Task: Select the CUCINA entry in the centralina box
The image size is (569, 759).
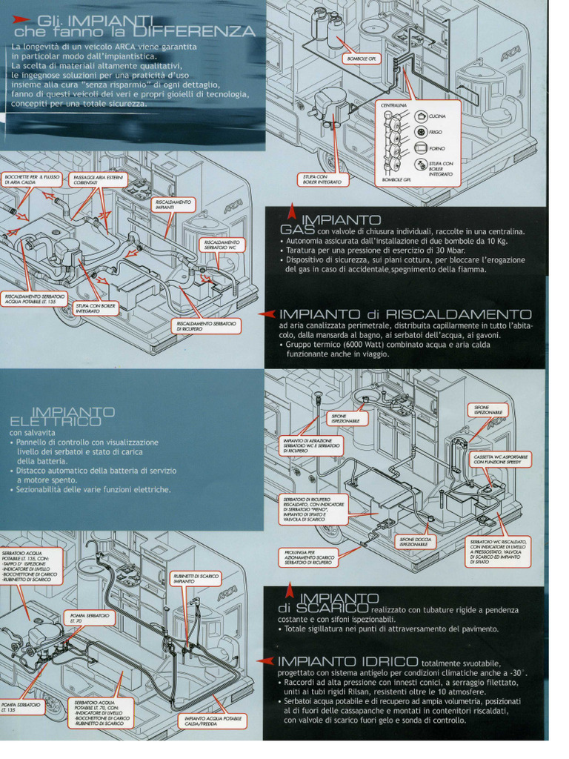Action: (x=437, y=116)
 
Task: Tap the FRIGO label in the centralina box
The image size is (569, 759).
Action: (x=435, y=133)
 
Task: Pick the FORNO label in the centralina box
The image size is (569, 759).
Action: (x=436, y=149)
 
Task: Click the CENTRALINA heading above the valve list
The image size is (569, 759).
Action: (x=393, y=105)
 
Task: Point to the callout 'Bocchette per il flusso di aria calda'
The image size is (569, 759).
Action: (x=31, y=180)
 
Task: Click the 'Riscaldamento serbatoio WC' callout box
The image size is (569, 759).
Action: (x=222, y=245)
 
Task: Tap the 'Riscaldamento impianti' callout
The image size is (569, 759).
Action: (x=173, y=205)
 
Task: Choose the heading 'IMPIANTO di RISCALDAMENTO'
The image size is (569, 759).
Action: (x=405, y=314)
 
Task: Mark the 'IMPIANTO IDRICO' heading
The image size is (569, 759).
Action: (x=348, y=660)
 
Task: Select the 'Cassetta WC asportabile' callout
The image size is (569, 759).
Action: (x=501, y=459)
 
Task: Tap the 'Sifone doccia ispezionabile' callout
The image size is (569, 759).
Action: (x=416, y=542)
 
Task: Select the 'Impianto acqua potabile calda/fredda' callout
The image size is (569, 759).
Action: (x=213, y=721)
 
